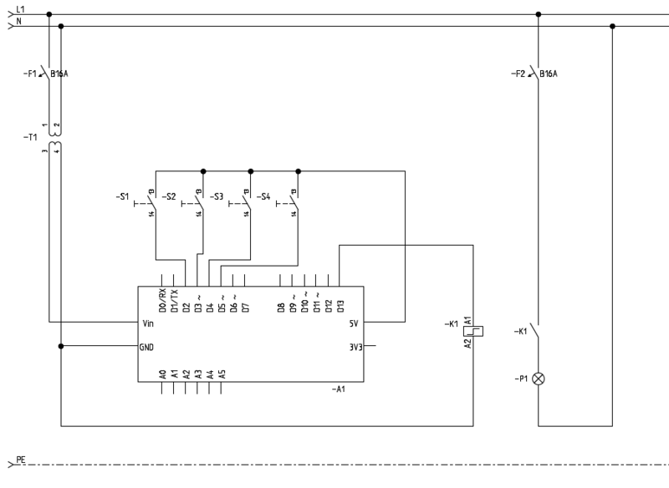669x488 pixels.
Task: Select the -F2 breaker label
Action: (x=518, y=74)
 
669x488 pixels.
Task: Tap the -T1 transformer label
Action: (x=30, y=135)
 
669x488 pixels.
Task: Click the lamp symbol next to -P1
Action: (x=539, y=379)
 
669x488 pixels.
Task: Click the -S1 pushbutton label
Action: (x=122, y=197)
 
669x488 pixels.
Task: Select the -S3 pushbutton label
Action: (x=217, y=197)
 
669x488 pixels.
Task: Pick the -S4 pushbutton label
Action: (x=263, y=197)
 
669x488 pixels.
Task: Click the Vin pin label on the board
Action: (x=148, y=322)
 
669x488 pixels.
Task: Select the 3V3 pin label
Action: (x=355, y=346)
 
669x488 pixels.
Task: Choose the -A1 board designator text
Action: (x=339, y=390)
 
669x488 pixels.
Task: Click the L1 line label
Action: (x=21, y=8)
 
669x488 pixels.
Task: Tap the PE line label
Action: (x=21, y=460)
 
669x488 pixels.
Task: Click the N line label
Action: (x=18, y=21)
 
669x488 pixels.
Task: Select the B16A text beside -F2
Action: (x=549, y=74)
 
